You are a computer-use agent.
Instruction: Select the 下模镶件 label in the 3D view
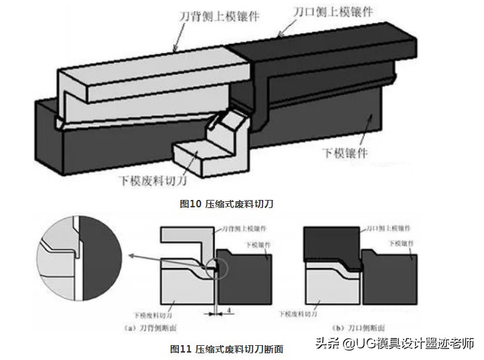point(345,153)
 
